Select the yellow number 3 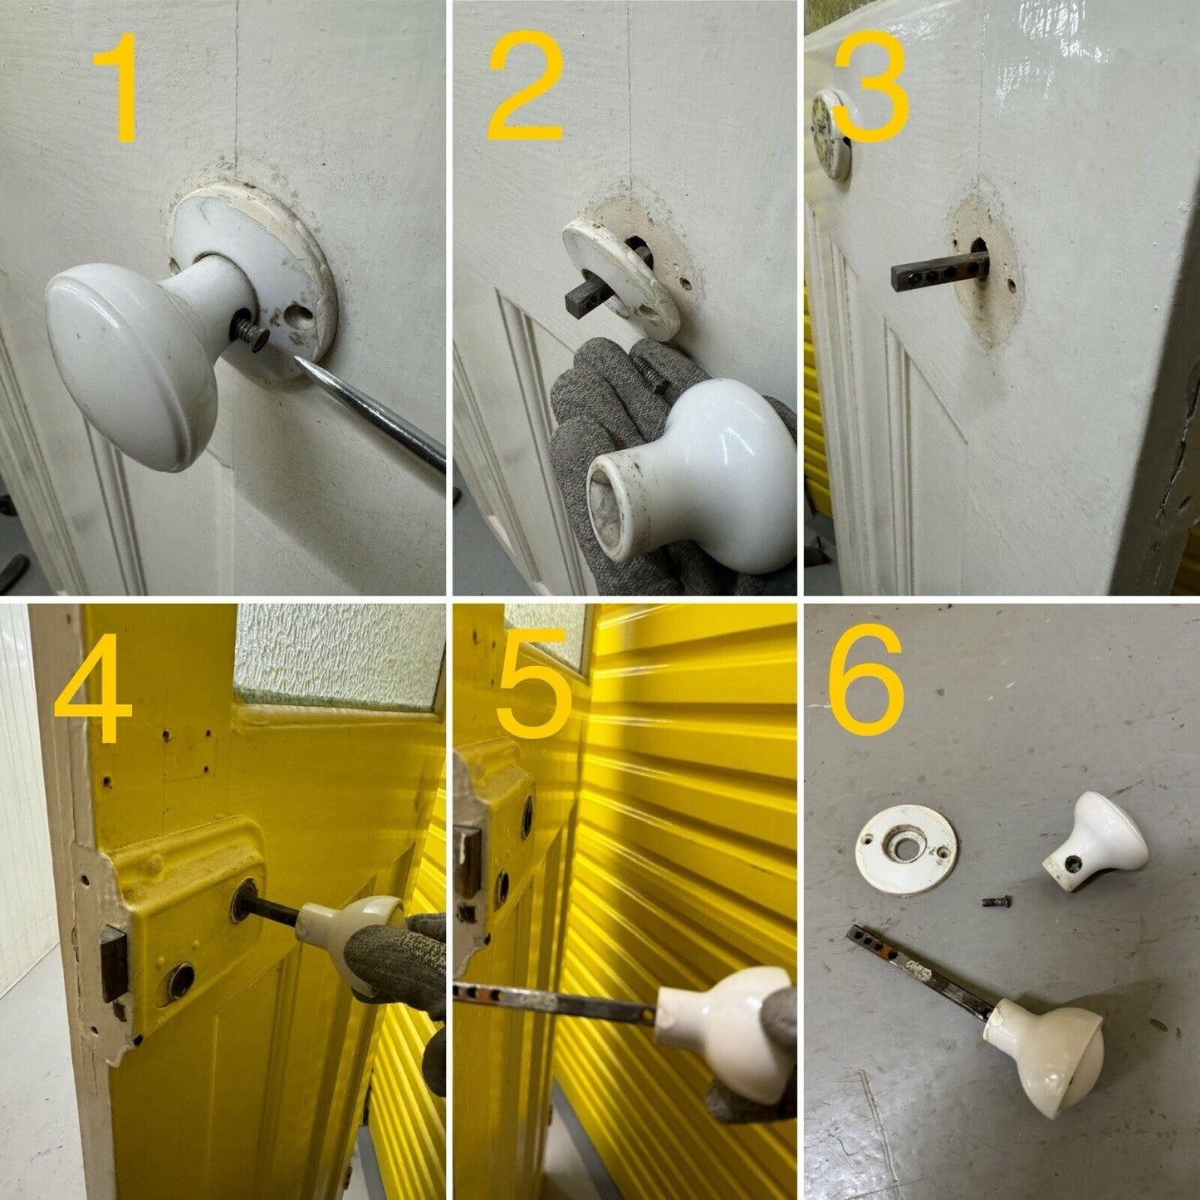point(870,86)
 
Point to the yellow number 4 point(93,688)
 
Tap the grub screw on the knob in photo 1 point(250,331)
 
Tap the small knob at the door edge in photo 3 point(832,134)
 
